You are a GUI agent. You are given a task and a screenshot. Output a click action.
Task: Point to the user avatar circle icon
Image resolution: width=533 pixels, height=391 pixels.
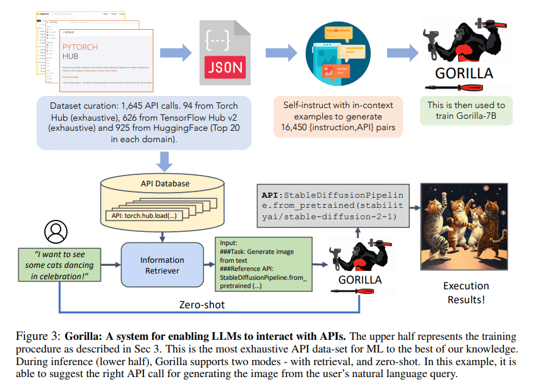point(57,232)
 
